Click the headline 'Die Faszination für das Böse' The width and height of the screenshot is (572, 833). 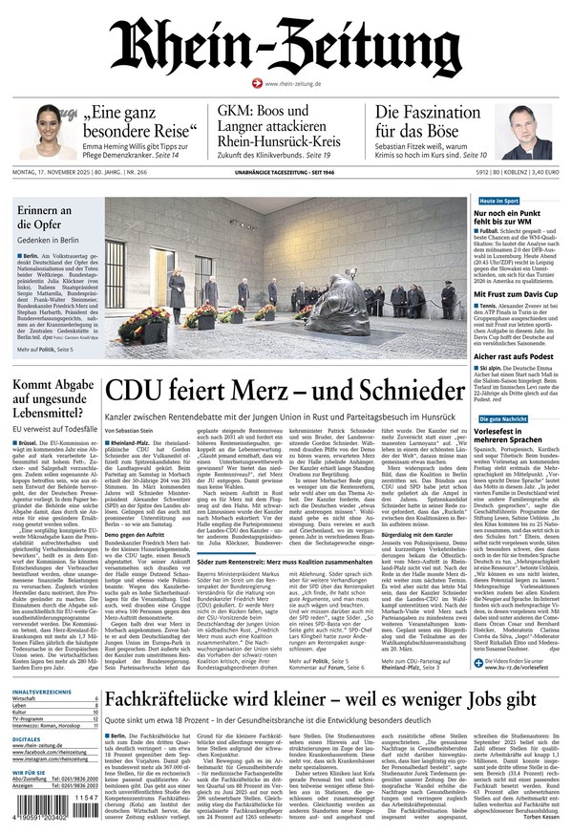click(427, 122)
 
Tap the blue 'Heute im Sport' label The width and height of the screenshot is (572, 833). click(498, 202)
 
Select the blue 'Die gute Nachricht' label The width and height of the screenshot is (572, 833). click(503, 419)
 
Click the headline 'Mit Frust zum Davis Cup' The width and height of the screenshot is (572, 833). click(517, 295)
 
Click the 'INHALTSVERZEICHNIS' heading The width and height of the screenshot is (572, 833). click(37, 692)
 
